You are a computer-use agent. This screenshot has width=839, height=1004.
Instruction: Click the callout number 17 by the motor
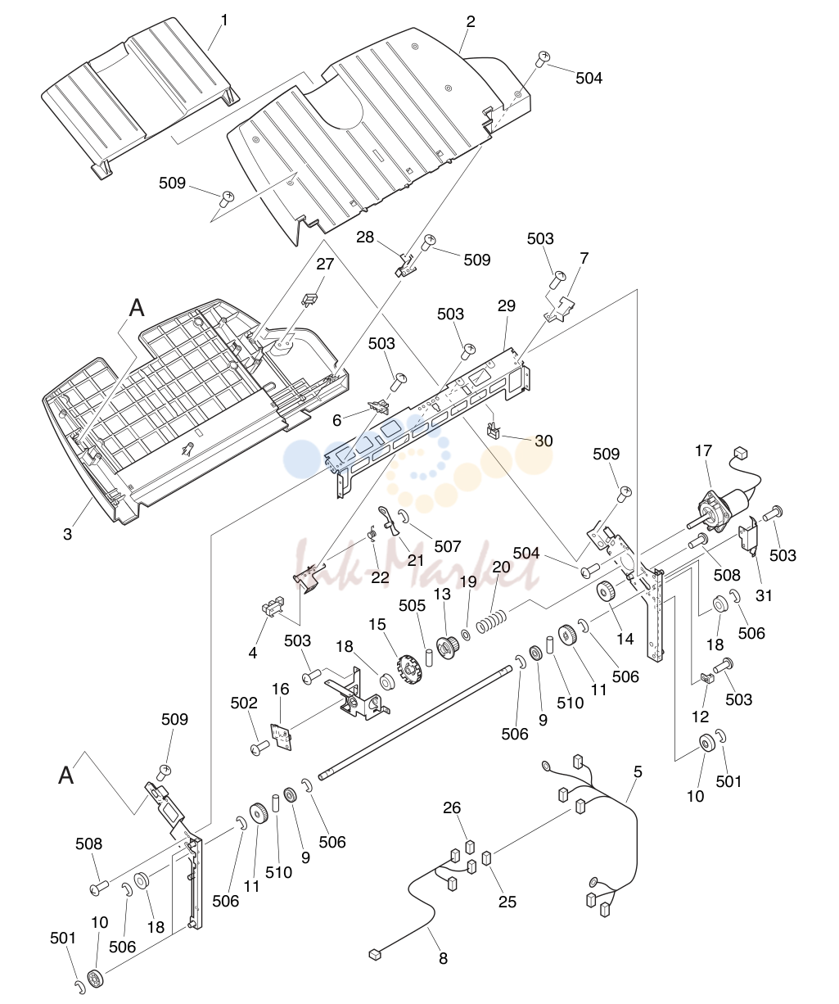[703, 451]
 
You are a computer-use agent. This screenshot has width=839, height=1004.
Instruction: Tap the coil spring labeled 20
[491, 622]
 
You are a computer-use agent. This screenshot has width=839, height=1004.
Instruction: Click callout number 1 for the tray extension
[224, 20]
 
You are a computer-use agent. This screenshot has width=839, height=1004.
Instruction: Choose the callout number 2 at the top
[471, 21]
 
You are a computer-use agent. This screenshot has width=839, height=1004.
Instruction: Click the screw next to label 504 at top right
[543, 60]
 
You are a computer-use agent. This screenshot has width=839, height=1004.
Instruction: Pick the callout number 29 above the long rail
[507, 305]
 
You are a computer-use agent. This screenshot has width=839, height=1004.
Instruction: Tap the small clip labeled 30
[493, 429]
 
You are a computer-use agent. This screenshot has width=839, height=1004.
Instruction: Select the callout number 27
[325, 264]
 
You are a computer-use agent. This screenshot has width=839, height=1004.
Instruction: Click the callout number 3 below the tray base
[67, 534]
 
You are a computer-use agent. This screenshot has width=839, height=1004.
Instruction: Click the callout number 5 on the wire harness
[638, 771]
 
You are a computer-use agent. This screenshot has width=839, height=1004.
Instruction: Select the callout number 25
[507, 902]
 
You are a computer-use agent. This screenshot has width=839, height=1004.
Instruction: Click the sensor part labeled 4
[272, 607]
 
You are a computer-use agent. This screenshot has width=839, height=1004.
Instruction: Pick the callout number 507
[448, 546]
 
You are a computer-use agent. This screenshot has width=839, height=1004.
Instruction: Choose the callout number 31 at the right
[764, 595]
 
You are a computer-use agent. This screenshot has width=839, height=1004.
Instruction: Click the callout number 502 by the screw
[244, 703]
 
